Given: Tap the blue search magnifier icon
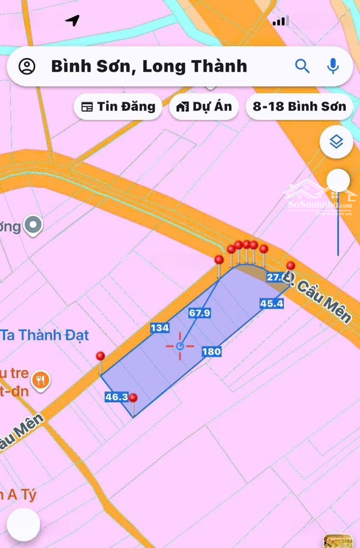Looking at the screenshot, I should pos(302,66).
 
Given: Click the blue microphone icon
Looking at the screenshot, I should pos(333,66).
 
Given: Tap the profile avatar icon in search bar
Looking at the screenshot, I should pos(27,66).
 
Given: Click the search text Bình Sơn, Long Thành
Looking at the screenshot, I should pos(149,66).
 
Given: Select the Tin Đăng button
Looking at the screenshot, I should pos(118,107).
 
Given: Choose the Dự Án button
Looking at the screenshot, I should pos(204,107).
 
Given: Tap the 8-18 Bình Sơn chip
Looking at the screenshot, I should pos(299,107).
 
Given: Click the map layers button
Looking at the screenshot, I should pos(336,142).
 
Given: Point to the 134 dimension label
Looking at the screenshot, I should pos(159,328).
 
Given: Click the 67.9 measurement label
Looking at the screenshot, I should pos(200,313).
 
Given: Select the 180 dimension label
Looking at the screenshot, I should pos(212,352).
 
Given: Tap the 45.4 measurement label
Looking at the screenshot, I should pos(272,303).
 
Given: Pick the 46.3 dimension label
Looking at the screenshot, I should pos(116,397).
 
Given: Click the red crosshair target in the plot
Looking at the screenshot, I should pos(180,346).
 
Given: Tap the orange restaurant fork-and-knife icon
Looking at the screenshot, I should pos(40,379).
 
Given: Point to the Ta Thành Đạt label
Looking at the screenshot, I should pos(46,335).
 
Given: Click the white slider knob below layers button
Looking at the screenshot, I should pos(338,181).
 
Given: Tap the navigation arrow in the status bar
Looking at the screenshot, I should pos(73,20).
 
